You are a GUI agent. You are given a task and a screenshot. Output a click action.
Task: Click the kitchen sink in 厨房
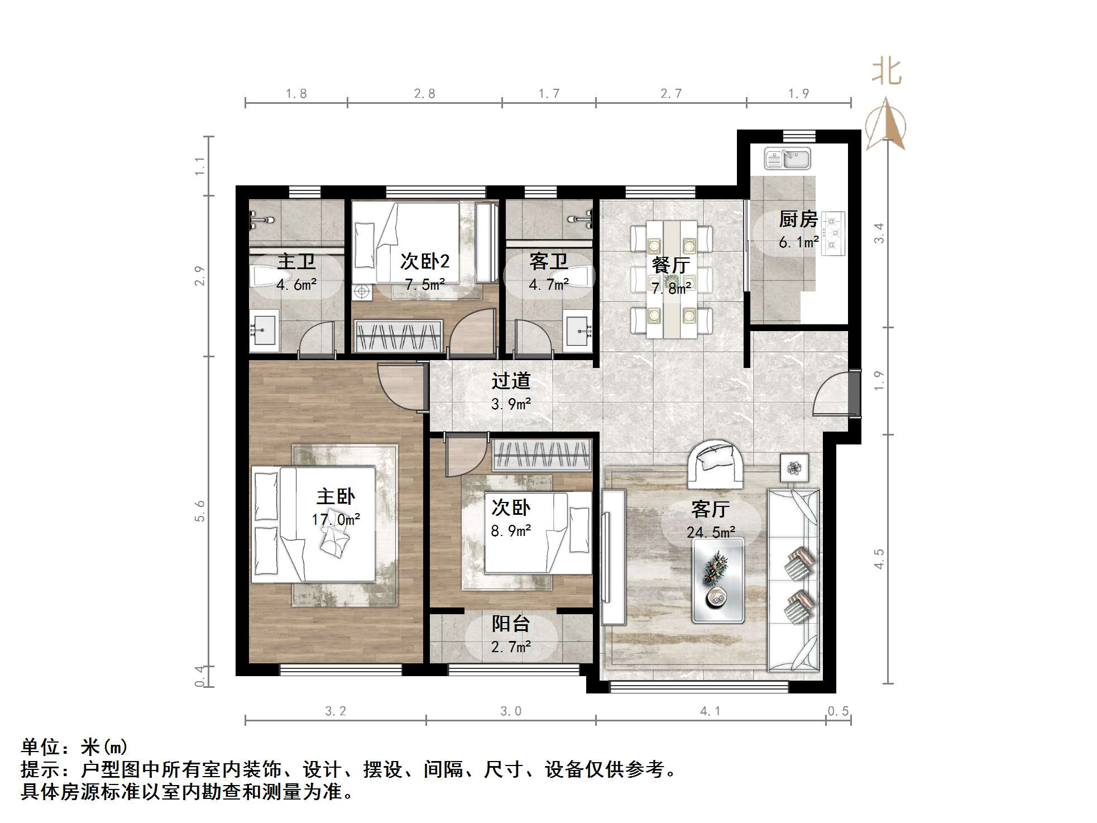[x=788, y=159]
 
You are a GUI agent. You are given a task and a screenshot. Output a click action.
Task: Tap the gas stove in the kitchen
[x=833, y=233]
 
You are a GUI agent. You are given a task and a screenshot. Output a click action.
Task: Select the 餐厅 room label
[x=670, y=265]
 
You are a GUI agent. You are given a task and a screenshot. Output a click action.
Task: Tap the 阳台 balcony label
[x=510, y=624]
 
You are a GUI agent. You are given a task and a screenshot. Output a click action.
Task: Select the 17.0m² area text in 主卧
[x=336, y=520]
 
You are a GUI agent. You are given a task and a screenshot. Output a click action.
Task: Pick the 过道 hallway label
[x=510, y=381]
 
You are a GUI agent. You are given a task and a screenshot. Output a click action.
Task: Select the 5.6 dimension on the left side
[x=200, y=511]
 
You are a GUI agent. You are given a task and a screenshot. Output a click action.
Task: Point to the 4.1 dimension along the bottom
[x=710, y=711]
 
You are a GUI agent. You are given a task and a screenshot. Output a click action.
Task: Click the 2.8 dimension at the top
[x=424, y=94]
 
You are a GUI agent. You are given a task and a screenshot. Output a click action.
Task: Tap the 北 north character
[x=887, y=73]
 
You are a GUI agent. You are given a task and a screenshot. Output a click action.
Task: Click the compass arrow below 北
[x=886, y=126]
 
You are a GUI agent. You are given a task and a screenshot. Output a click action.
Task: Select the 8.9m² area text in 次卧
[x=510, y=531]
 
